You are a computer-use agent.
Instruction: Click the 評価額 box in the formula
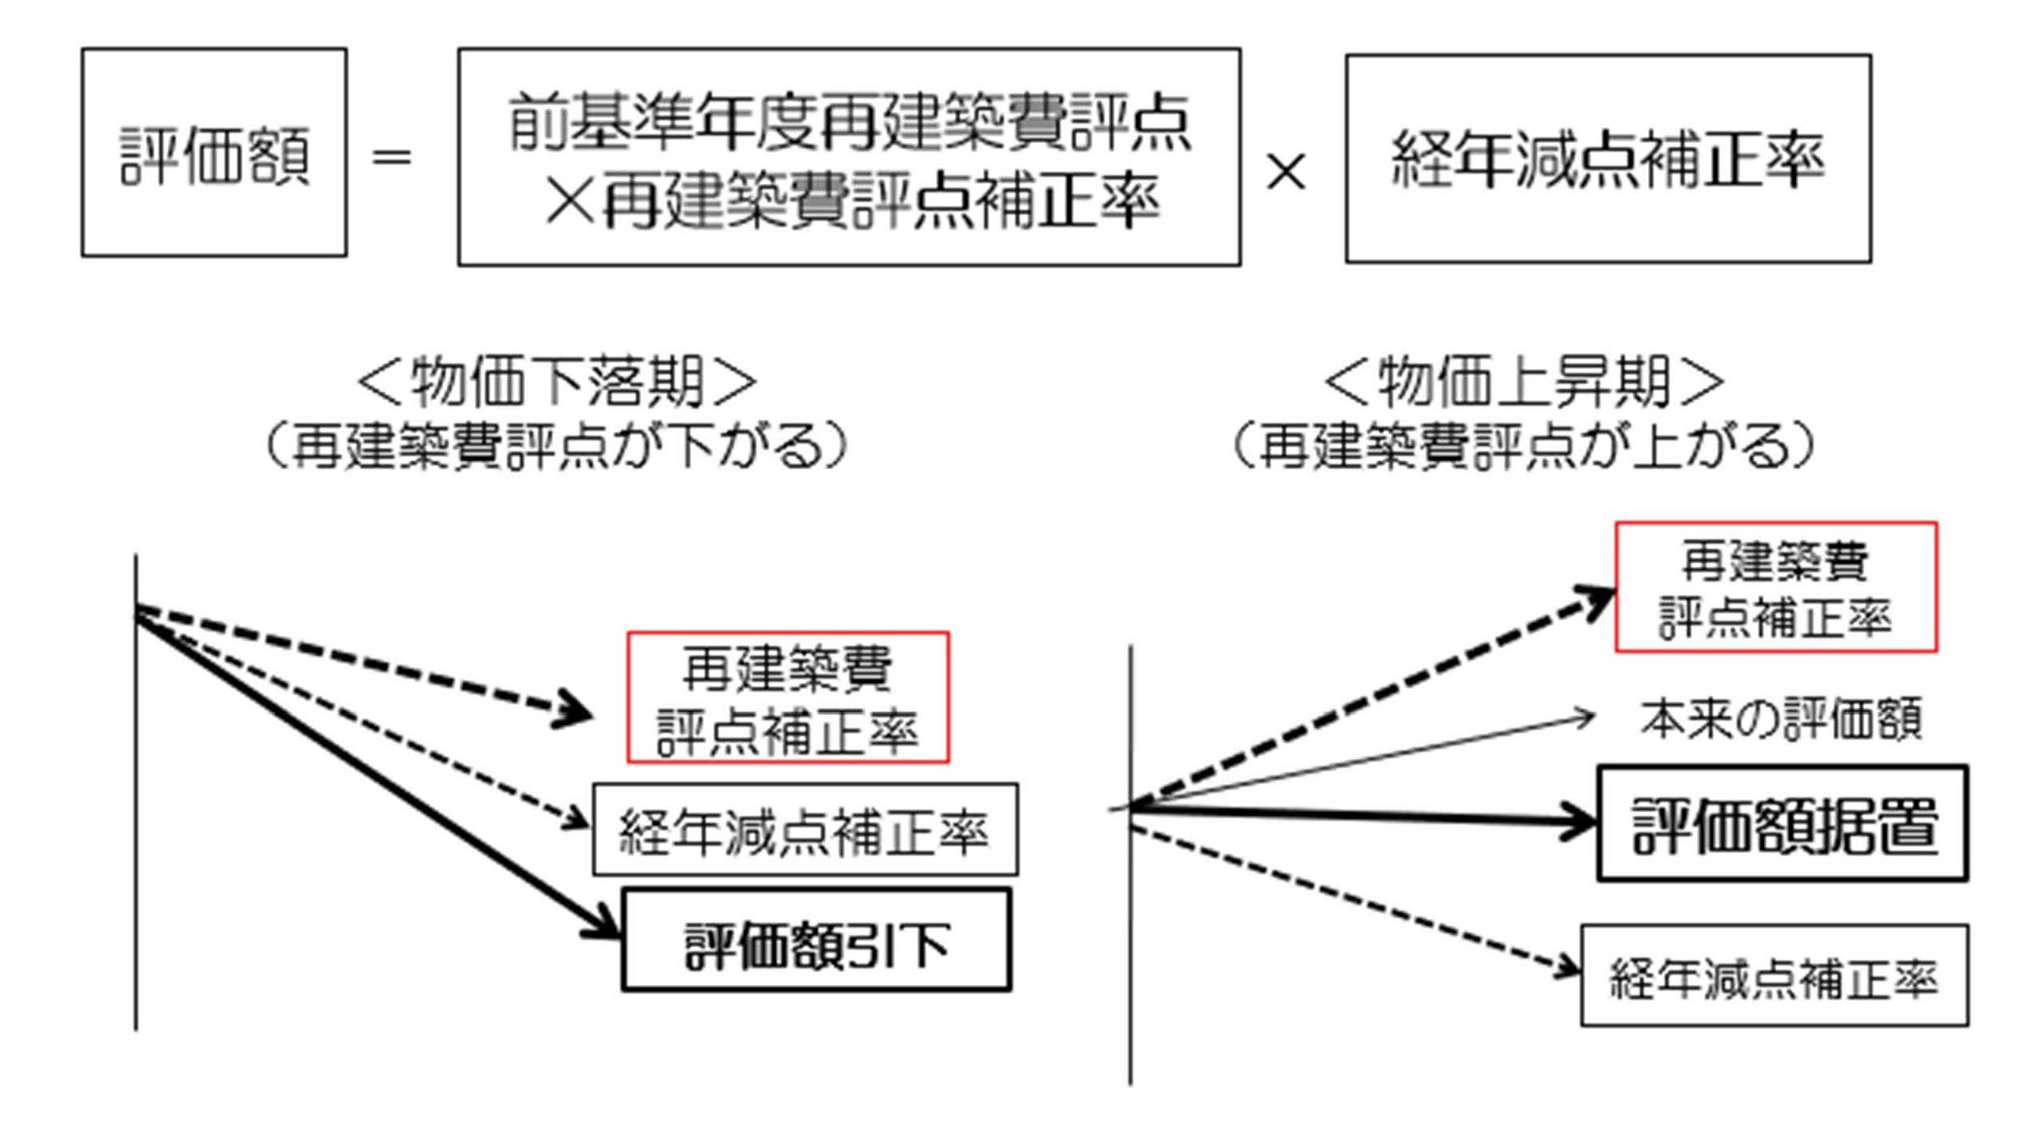[x=214, y=153]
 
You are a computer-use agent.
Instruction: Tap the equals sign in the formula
[x=391, y=157]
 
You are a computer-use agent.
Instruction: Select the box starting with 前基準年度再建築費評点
[x=849, y=157]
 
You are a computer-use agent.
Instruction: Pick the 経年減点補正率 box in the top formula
[x=1608, y=158]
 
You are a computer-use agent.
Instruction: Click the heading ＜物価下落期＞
[x=557, y=382]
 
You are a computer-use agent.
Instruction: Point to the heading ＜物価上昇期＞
[x=1523, y=382]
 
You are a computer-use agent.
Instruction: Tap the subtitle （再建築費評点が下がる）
[x=557, y=446]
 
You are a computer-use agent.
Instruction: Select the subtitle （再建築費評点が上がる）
[x=1523, y=446]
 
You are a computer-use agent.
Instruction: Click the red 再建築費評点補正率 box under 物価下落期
[x=787, y=697]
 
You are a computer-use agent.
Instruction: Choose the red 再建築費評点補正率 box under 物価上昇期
[x=1776, y=586]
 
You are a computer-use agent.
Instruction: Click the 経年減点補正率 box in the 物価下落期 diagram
[x=805, y=830]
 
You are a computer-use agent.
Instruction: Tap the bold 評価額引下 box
[x=816, y=940]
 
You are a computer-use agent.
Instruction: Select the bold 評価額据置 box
[x=1782, y=823]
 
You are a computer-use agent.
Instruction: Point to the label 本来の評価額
[x=1780, y=717]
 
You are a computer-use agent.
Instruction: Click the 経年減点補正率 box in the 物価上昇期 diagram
[x=1774, y=976]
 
